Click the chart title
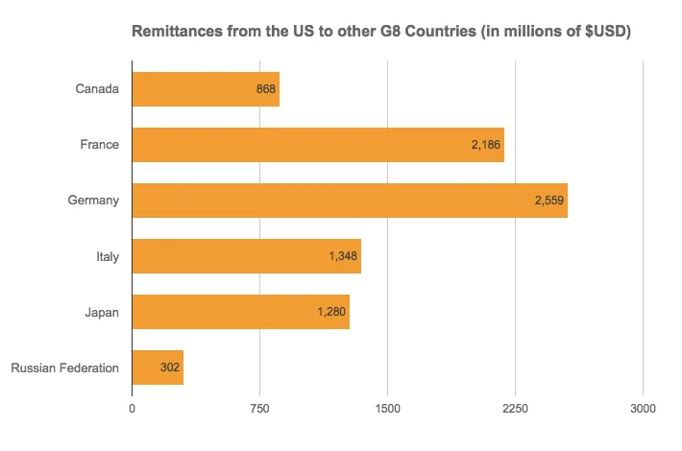(380, 33)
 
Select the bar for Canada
(205, 89)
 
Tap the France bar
(317, 145)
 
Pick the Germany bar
(349, 201)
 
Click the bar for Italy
(246, 256)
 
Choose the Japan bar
(240, 312)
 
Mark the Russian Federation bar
(157, 368)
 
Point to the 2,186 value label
(486, 145)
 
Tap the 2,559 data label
(549, 201)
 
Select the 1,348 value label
(343, 256)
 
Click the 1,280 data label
(331, 312)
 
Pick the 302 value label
(170, 368)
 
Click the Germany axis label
(93, 201)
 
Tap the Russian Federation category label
(64, 368)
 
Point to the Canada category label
(97, 89)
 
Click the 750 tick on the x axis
(259, 408)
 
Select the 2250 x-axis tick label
(515, 408)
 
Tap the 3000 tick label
(643, 408)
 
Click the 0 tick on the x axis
(132, 408)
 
